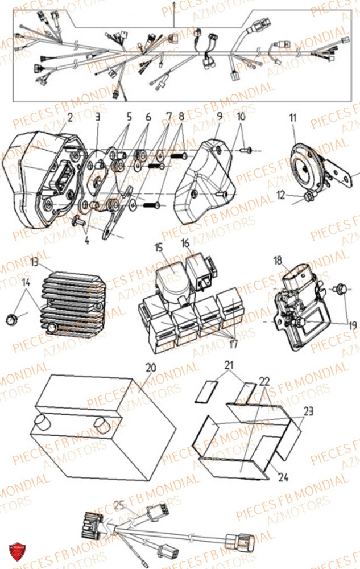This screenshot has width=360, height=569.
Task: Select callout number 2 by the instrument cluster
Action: click(69, 118)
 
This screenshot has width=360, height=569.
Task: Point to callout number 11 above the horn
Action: click(292, 118)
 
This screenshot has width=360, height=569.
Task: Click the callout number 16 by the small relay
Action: click(186, 244)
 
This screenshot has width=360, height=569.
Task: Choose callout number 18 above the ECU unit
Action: click(278, 261)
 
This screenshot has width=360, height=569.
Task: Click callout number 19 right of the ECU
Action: click(352, 325)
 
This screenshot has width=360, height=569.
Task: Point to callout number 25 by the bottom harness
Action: click(118, 504)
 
